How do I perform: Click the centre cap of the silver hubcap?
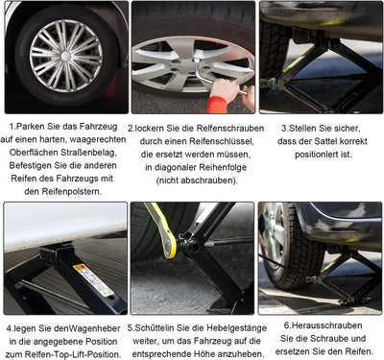tap(66, 57)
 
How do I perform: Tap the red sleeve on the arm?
tap(217, 105)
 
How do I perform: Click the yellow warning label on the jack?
tap(93, 279)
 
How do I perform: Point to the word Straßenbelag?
tap(88, 153)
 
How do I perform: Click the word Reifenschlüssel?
tap(221, 141)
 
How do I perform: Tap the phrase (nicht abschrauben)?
tap(197, 180)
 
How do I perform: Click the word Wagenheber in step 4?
tap(95, 328)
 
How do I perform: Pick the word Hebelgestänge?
tap(236, 328)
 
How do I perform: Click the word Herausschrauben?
tap(323, 325)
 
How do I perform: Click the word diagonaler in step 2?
tap(176, 167)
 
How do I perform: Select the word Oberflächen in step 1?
tap(34, 153)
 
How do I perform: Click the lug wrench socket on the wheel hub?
tap(197, 61)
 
